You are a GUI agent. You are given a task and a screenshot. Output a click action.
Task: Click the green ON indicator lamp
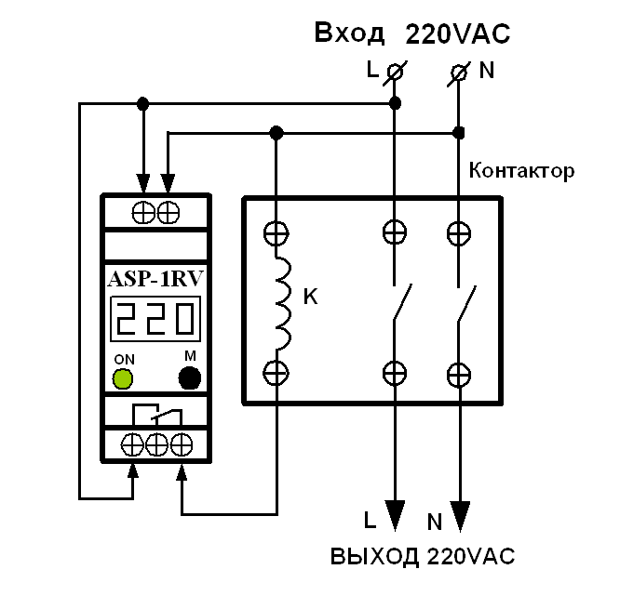122,377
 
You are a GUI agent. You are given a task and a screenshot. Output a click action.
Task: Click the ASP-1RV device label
155,279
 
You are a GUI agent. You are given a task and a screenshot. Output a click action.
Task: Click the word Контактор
521,170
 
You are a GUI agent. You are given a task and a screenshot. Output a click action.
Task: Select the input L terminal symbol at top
394,72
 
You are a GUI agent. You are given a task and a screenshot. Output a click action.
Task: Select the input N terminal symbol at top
458,72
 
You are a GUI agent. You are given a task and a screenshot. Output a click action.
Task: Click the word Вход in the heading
349,34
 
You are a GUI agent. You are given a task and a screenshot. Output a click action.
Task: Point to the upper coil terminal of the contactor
276,232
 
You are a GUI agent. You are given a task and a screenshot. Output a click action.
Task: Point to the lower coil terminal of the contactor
276,373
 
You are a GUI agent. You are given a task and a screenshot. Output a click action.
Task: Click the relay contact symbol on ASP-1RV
155,413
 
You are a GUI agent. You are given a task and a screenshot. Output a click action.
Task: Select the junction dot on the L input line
395,101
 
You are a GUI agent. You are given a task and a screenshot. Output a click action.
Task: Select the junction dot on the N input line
458,132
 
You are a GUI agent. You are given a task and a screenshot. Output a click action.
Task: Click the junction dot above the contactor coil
276,132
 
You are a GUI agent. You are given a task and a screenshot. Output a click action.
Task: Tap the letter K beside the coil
311,298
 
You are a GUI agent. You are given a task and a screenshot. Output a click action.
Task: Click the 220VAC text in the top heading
458,34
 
